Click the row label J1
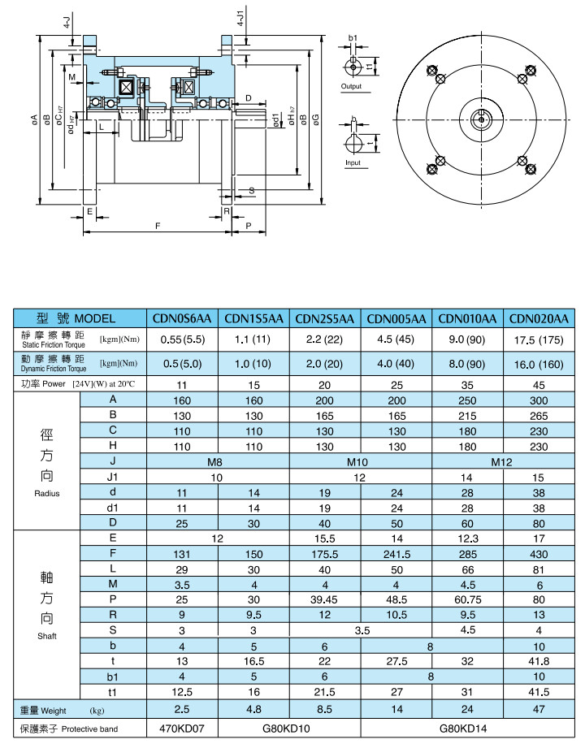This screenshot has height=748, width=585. tap(113, 477)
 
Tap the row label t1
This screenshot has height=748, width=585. tap(113, 692)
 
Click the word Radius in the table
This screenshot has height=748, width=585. tap(47, 494)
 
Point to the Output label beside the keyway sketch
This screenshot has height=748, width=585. tap(351, 86)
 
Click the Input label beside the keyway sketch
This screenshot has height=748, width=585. tap(353, 162)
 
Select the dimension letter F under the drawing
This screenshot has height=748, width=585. tap(156, 224)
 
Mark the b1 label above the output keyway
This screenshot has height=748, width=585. tap(353, 38)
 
